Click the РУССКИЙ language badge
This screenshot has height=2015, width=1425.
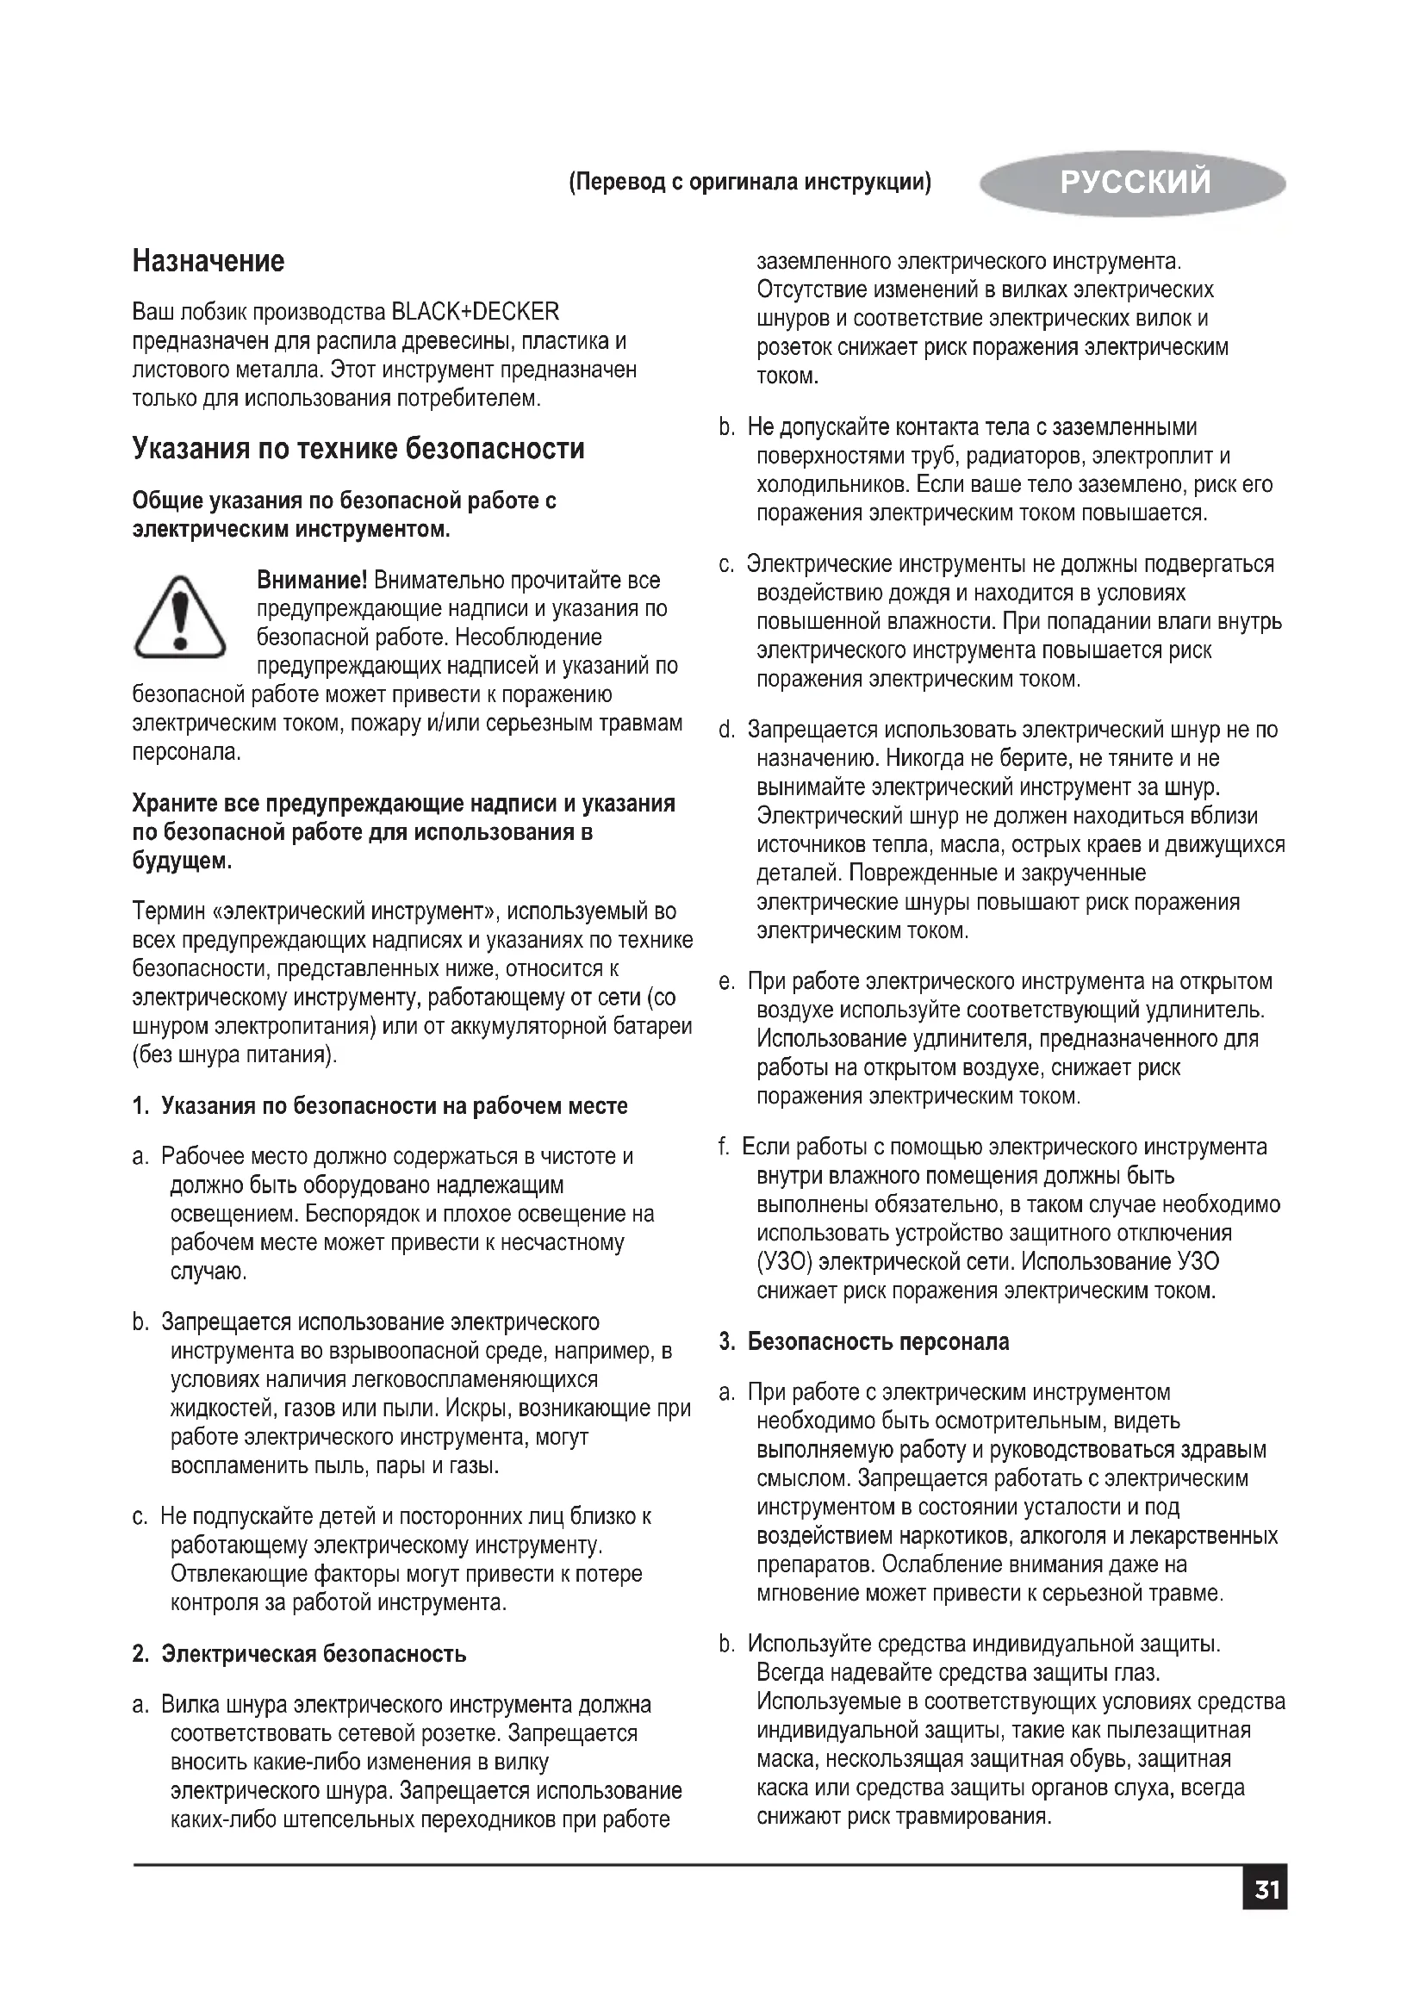pyautogui.click(x=1134, y=183)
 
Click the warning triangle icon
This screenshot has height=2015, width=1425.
pyautogui.click(x=179, y=617)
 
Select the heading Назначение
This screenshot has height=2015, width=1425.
pyautogui.click(x=208, y=261)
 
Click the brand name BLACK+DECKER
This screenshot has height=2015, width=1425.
pyautogui.click(x=475, y=312)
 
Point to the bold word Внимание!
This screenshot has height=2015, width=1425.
pyautogui.click(x=312, y=580)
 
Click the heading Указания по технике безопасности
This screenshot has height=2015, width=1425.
pyautogui.click(x=358, y=449)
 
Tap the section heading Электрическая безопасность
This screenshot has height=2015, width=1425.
pyautogui.click(x=314, y=1654)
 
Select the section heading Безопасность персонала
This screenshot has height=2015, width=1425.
pyautogui.click(x=878, y=1342)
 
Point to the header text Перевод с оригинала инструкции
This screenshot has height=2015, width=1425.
pyautogui.click(x=750, y=183)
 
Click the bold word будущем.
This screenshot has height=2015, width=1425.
pyautogui.click(x=183, y=861)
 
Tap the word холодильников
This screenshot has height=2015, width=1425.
pyautogui.click(x=834, y=484)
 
